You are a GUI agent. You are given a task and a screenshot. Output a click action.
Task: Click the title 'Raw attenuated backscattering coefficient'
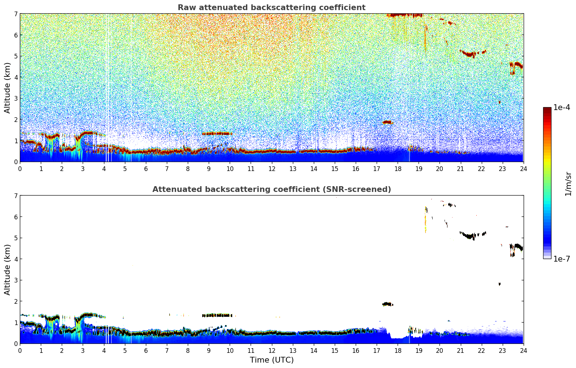coord(271,8)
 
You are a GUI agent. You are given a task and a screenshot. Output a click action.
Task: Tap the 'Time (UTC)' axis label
coord(272,360)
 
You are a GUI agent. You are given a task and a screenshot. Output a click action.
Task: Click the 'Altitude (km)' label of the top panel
coord(7,88)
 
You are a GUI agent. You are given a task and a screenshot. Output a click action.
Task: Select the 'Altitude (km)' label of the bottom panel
coord(7,270)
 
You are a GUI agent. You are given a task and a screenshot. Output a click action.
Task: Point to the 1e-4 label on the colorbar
coord(562,108)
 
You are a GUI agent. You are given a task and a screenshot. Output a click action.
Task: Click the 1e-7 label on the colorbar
coord(562,259)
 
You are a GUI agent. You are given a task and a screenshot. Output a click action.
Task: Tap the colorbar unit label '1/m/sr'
coord(568,184)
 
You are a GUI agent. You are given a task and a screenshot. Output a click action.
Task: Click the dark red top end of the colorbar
coord(547,109)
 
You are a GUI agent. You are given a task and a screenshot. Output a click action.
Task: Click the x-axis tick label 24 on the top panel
coord(523,168)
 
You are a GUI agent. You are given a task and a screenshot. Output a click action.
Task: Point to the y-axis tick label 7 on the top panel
coord(16,14)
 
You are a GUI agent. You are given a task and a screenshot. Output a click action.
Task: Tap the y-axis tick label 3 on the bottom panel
coord(16,280)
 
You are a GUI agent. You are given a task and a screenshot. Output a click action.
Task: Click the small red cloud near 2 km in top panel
coord(387,122)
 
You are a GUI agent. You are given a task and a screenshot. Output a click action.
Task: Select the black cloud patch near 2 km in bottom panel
coord(387,304)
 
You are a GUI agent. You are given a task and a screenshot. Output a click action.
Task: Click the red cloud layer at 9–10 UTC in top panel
coord(217,133)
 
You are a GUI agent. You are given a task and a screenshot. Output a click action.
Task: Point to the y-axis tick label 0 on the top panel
coord(16,162)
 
